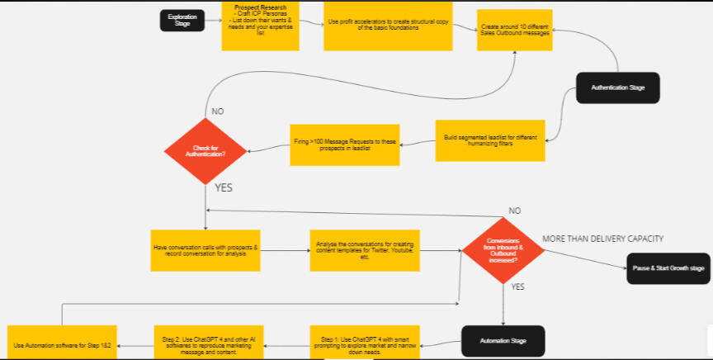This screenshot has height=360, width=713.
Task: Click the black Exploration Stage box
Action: tap(182, 21)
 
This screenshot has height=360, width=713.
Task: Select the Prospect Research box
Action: tap(260, 26)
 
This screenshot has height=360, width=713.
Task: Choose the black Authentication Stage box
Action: tap(617, 87)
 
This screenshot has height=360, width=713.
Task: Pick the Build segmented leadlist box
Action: tap(490, 140)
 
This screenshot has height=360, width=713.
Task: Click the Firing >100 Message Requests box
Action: tap(344, 144)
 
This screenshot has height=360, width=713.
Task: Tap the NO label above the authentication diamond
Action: tap(217, 111)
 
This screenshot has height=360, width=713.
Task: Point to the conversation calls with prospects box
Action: tap(205, 249)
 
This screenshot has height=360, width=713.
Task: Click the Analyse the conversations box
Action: tap(365, 250)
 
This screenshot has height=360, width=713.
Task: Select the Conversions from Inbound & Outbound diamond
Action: tap(503, 249)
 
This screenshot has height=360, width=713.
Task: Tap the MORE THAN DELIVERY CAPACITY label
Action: tap(602, 239)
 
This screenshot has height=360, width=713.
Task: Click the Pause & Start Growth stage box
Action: tap(668, 268)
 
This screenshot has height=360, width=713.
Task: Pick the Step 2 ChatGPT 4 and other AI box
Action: tap(208, 341)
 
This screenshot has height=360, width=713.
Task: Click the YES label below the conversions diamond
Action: tap(518, 287)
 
